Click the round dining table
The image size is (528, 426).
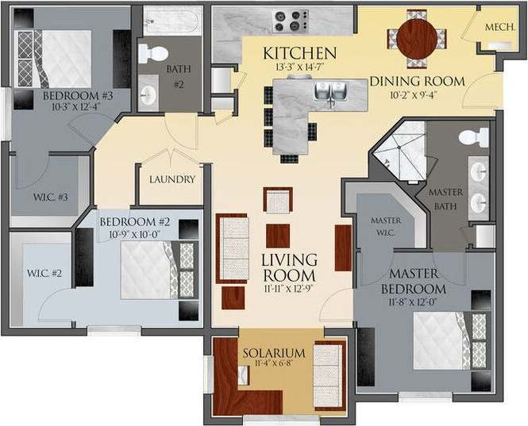tap(417, 38)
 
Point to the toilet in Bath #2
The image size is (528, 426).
tap(153, 53)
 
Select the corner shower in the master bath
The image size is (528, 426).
tap(399, 151)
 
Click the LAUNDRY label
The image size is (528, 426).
tap(172, 179)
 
